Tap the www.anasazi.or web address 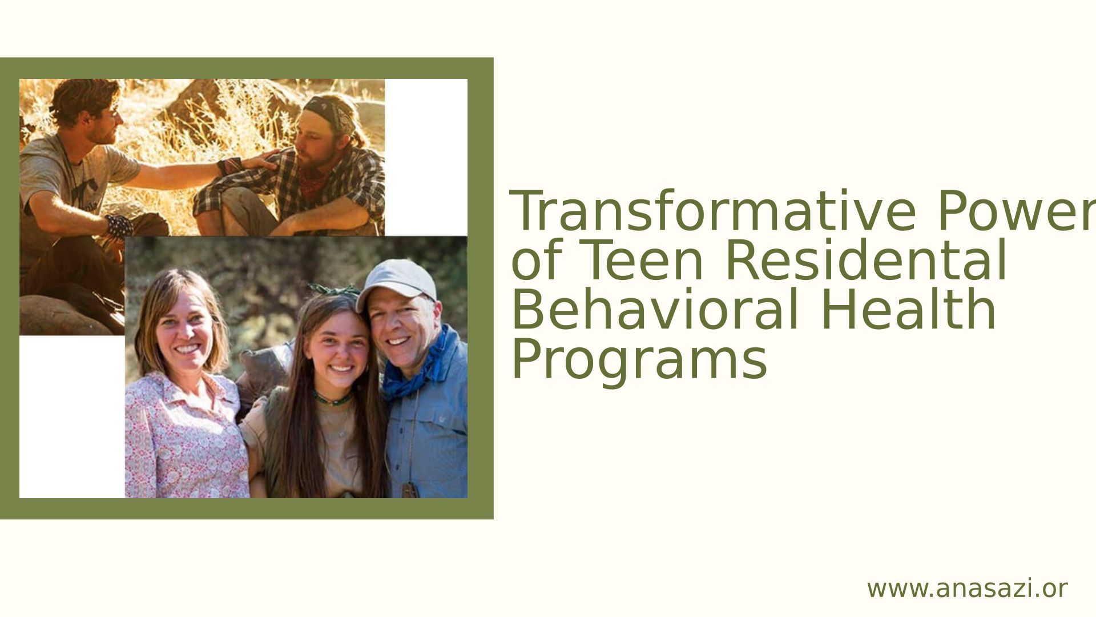967,589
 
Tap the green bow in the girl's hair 334,290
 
